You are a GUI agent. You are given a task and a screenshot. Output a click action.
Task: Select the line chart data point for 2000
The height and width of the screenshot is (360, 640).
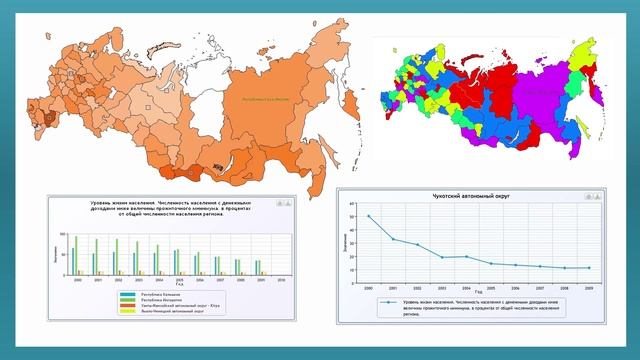(368, 216)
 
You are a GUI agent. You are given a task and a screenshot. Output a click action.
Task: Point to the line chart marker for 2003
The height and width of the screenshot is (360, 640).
(441, 257)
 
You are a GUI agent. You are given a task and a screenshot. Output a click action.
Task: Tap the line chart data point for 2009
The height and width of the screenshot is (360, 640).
(587, 268)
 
